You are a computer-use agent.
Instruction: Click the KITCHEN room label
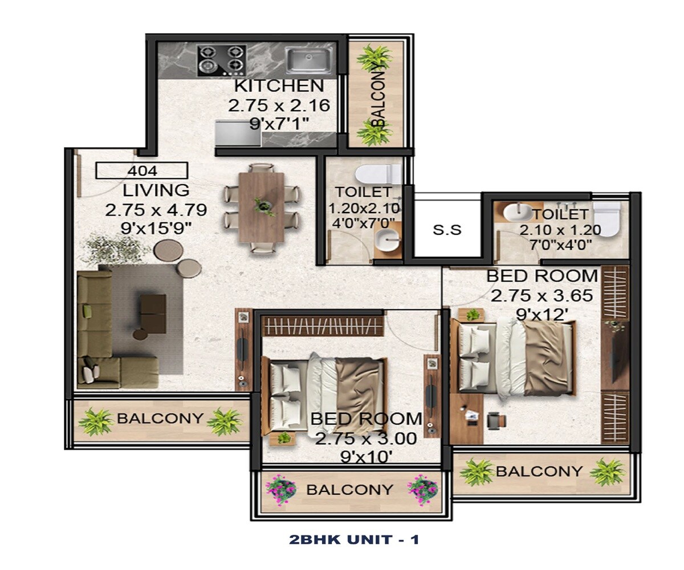pos(279,87)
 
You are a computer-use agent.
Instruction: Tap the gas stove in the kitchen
pos(221,60)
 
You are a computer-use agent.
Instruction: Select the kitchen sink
pos(309,60)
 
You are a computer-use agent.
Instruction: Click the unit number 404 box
pos(142,170)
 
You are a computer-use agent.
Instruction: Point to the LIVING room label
pos(156,190)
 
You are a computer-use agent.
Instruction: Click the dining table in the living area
pos(262,206)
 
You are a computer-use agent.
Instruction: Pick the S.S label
pos(447,230)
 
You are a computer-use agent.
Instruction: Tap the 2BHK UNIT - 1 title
pos(354,539)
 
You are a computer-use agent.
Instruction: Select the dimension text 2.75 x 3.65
pos(541,296)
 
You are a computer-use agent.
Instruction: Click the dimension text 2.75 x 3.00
pos(365,439)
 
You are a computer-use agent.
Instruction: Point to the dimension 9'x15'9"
pos(156,229)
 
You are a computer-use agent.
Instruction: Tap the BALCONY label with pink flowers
pos(349,490)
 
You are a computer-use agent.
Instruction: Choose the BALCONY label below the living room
pos(160,418)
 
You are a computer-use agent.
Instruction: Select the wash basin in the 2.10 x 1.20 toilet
pos(516,213)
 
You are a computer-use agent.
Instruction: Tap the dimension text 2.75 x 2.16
pos(279,106)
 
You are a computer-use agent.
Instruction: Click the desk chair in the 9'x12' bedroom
pos(496,420)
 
